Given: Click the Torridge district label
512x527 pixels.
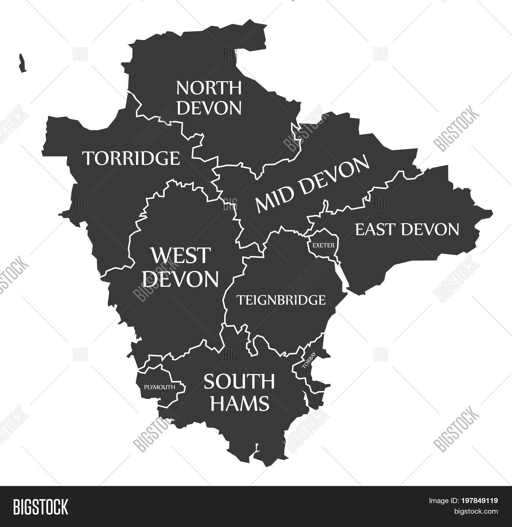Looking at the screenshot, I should click(131, 158).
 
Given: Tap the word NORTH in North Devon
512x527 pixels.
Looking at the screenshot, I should click(209, 88).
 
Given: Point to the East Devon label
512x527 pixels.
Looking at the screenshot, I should click(407, 229).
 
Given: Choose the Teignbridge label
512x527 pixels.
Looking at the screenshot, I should click(281, 300).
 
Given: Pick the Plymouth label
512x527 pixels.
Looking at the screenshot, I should click(159, 387).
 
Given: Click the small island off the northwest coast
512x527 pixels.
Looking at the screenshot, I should click(23, 63).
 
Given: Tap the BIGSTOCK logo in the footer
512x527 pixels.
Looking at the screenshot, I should click(41, 507).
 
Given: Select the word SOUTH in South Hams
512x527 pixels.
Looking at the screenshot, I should click(239, 382).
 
